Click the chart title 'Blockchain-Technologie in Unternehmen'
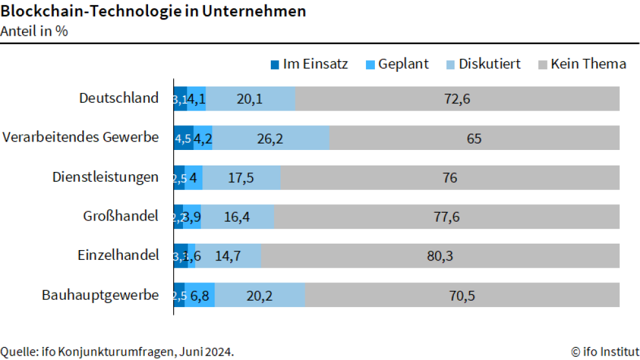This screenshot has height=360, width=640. (153, 12)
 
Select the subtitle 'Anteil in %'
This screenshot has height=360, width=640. (35, 30)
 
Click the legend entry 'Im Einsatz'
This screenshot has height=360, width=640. (315, 64)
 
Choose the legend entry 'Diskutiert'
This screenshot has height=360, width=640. (489, 64)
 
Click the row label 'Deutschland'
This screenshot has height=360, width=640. (119, 98)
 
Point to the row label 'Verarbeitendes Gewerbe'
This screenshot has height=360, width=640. (81, 138)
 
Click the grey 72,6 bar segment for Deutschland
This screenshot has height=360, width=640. (457, 99)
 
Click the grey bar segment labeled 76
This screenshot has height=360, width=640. (449, 178)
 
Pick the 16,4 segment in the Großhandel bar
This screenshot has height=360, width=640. (237, 217)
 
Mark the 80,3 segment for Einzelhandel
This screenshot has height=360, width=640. (440, 256)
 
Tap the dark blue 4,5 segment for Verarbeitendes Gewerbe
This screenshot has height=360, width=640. (183, 138)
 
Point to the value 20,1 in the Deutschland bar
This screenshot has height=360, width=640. (250, 99)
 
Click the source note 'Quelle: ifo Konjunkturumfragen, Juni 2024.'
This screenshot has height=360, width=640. (117, 352)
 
